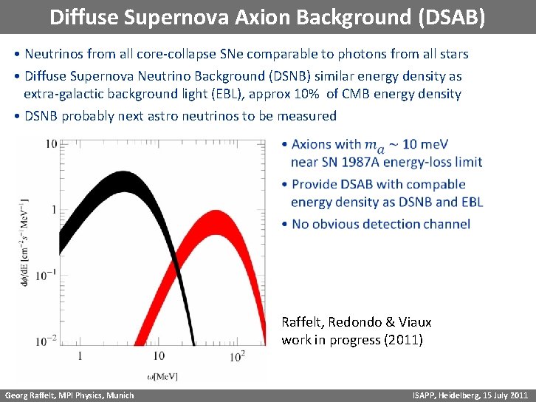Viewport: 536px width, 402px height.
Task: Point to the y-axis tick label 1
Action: pos(54,209)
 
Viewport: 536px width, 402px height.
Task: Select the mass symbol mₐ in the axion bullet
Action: pos(376,146)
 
